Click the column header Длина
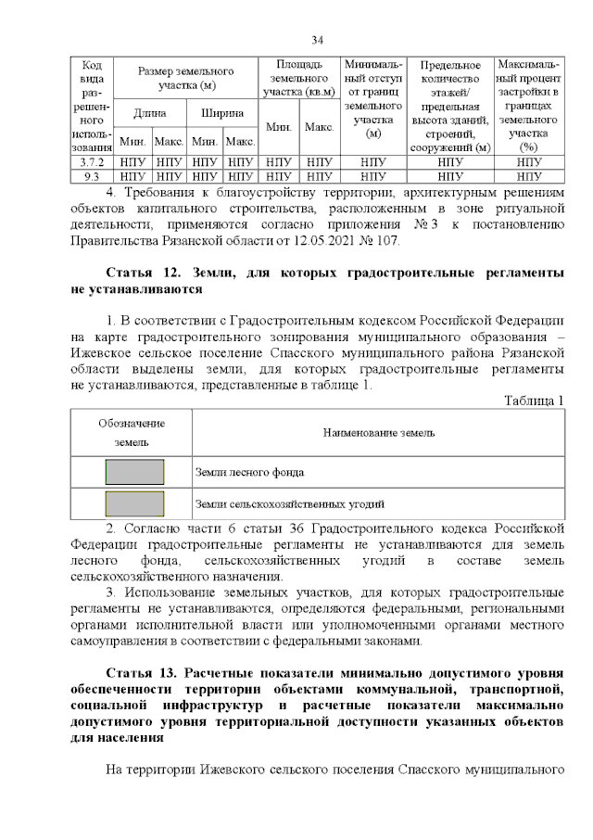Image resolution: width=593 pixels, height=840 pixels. tap(149, 113)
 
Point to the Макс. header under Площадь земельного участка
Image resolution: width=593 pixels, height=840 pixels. tap(319, 127)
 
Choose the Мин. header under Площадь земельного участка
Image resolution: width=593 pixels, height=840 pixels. tap(280, 127)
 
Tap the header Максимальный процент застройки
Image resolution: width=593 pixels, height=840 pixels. tap(528, 106)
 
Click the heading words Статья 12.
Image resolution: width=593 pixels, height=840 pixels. tap(144, 274)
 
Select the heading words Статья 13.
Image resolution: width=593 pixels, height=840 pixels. tap(144, 672)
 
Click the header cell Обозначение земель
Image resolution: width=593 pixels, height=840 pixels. tap(132, 433)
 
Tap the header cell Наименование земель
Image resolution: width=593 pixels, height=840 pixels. tap(379, 433)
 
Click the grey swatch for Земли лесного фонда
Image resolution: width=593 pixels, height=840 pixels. tap(134, 472)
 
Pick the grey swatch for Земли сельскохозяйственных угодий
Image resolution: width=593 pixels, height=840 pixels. tap(134, 503)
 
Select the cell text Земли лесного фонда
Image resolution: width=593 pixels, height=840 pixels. tap(249, 472)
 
